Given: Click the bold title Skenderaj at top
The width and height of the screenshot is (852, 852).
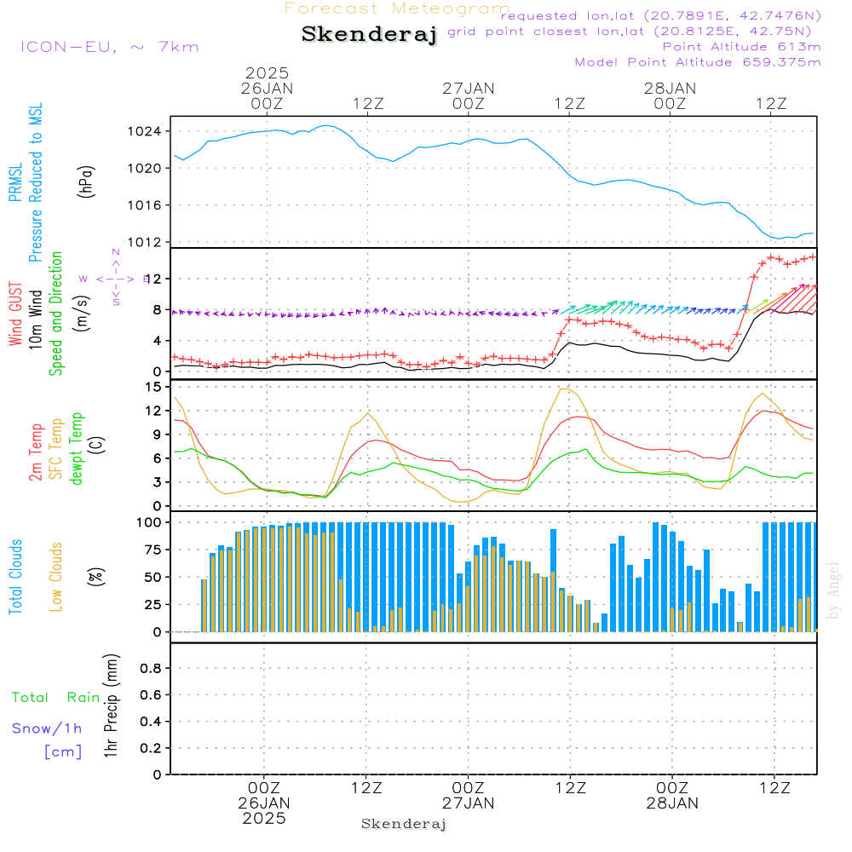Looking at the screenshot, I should (x=369, y=35).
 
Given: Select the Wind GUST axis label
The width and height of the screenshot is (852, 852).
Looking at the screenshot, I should (x=16, y=315).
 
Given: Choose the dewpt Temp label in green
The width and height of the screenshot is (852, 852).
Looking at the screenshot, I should (x=77, y=449).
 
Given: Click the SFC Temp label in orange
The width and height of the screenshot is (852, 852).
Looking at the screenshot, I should (x=56, y=449).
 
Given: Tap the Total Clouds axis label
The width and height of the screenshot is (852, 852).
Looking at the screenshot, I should (x=16, y=577).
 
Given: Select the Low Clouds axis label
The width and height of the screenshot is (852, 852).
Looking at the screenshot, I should (x=56, y=577).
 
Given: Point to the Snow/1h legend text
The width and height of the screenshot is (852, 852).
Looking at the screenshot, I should (x=48, y=728).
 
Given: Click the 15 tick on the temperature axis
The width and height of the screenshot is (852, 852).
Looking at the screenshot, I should (x=153, y=387).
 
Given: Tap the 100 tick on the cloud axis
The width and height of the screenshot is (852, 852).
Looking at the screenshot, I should (x=149, y=521).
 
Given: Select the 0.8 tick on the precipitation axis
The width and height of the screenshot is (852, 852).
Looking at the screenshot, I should (x=151, y=669).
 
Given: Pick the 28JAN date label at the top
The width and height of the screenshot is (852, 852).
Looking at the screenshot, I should (x=670, y=88).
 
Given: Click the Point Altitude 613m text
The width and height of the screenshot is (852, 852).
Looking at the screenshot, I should (x=741, y=46).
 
